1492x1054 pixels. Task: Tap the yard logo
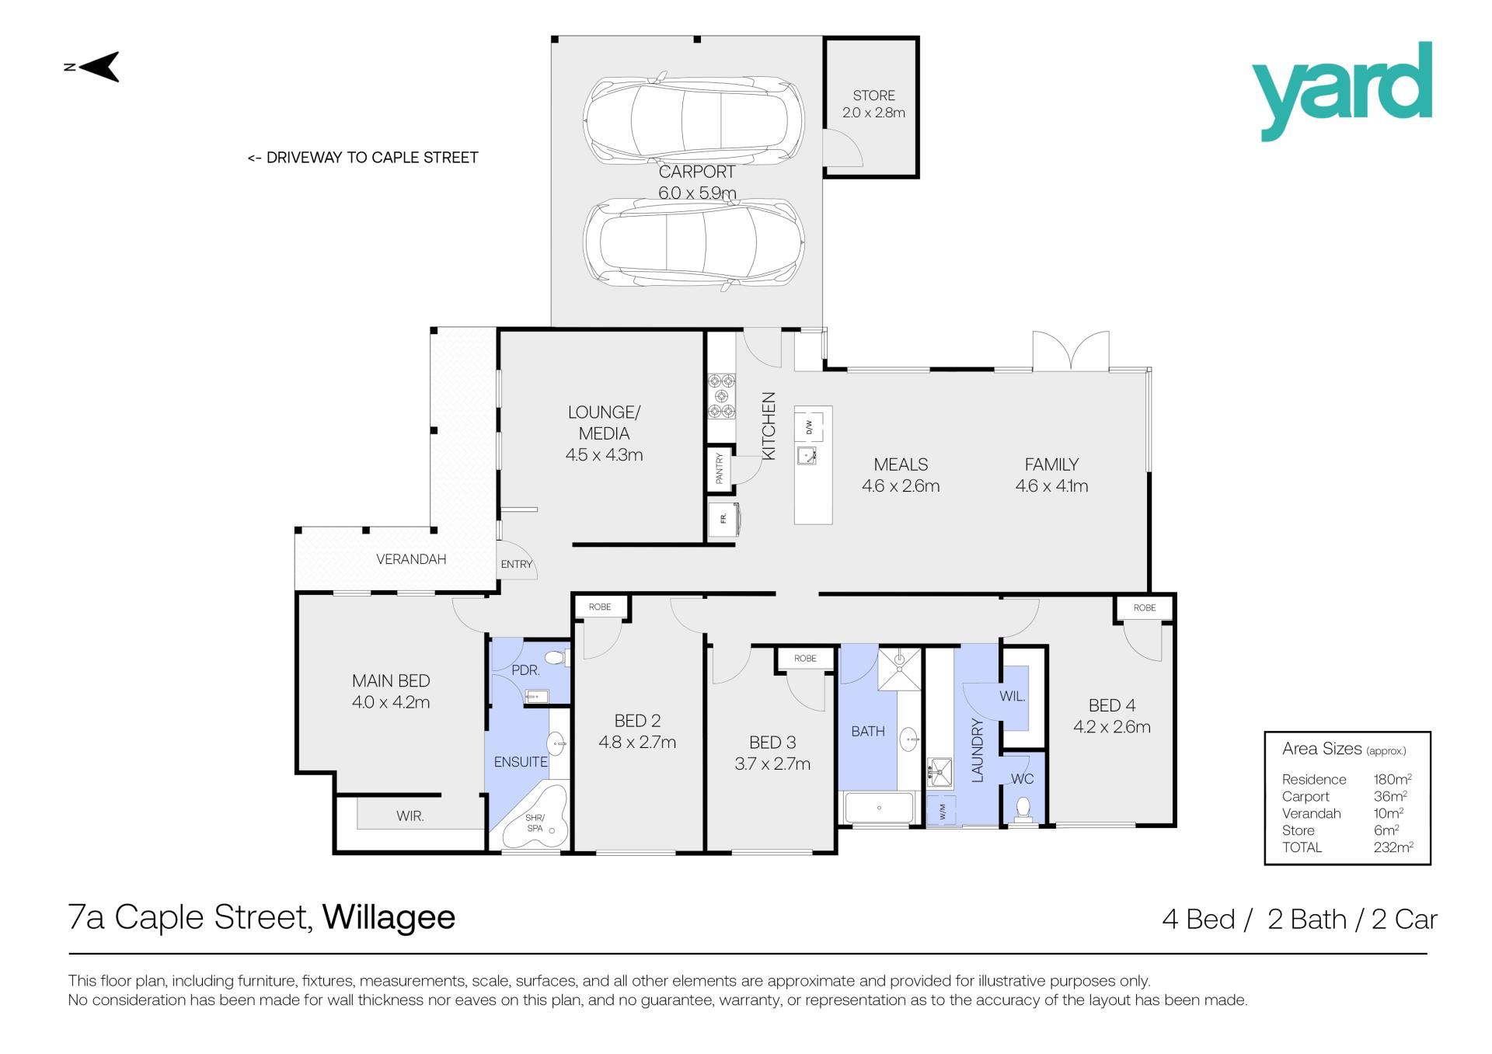[1341, 92]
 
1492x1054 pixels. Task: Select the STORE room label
[873, 96]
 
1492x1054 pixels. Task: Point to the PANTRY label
[720, 468]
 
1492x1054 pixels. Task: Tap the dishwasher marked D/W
[809, 426]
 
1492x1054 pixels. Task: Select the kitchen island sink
[807, 455]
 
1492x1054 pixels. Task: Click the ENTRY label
[517, 565]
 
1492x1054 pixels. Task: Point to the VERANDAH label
[411, 559]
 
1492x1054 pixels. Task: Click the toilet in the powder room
[556, 659]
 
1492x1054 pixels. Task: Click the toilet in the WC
[1023, 810]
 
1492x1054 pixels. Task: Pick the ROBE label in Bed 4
[1144, 607]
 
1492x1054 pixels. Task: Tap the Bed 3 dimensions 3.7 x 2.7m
[772, 764]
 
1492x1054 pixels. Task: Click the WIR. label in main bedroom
[410, 816]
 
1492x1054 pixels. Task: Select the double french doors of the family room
[1071, 351]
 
